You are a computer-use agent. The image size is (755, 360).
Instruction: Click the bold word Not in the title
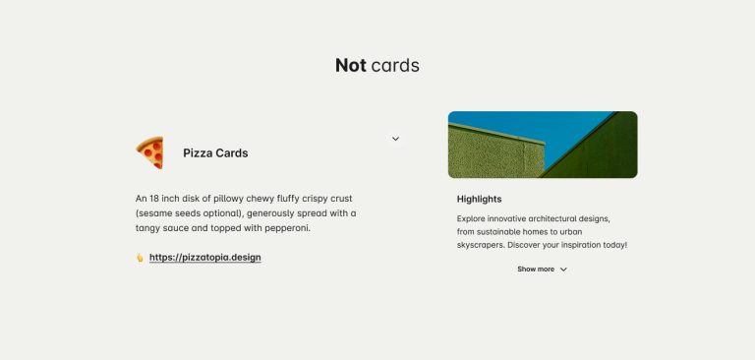click(x=351, y=66)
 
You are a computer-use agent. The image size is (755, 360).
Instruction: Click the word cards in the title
click(x=395, y=66)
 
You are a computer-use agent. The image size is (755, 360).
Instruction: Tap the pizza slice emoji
click(x=149, y=152)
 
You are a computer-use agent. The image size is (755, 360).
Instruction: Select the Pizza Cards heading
click(x=215, y=153)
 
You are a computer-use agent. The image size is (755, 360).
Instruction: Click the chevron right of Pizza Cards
click(x=395, y=139)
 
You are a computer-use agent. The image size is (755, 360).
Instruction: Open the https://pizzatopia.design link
click(x=205, y=258)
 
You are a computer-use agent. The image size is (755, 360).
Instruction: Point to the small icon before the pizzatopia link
click(x=140, y=258)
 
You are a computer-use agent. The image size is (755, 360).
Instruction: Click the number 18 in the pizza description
click(x=154, y=199)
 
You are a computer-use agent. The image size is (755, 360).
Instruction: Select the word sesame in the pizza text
click(x=154, y=213)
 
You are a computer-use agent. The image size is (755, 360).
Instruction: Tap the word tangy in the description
click(x=147, y=228)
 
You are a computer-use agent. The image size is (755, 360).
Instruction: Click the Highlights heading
click(x=479, y=199)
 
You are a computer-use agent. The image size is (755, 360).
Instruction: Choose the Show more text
click(x=536, y=270)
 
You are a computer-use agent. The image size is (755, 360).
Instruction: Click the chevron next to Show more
click(x=563, y=270)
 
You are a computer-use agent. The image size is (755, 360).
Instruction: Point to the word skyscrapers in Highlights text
click(x=481, y=245)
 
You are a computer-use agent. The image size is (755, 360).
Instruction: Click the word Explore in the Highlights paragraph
click(x=471, y=218)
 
